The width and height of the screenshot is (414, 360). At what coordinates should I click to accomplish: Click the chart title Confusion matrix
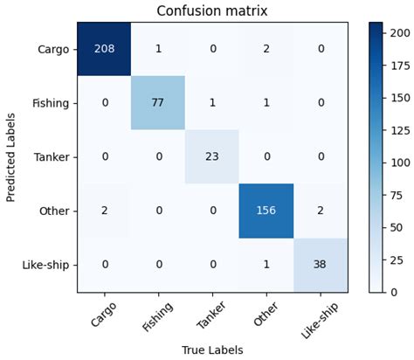pyautogui.click(x=211, y=11)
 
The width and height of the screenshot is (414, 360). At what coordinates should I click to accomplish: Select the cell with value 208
pyautogui.click(x=104, y=49)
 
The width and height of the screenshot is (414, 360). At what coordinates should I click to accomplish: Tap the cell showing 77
pyautogui.click(x=158, y=103)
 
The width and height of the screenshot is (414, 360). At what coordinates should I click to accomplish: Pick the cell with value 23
pyautogui.click(x=212, y=157)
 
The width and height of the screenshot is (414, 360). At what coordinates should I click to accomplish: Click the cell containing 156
pyautogui.click(x=266, y=211)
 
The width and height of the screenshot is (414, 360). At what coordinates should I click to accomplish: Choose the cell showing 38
pyautogui.click(x=321, y=265)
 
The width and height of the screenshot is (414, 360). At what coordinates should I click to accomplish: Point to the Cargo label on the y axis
pyautogui.click(x=54, y=49)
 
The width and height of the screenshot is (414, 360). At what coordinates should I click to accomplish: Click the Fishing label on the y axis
pyautogui.click(x=51, y=103)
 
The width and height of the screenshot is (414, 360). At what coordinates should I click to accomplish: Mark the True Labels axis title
pyautogui.click(x=211, y=350)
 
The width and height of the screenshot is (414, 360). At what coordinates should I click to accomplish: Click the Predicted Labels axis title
pyautogui.click(x=11, y=157)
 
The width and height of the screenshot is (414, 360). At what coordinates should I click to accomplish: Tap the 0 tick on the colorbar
pyautogui.click(x=394, y=292)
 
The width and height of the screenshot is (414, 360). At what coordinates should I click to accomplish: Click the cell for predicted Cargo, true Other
pyautogui.click(x=266, y=49)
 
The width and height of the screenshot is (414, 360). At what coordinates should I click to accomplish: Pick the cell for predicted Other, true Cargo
pyautogui.click(x=104, y=211)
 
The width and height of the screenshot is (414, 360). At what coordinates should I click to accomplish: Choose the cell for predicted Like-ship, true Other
pyautogui.click(x=266, y=265)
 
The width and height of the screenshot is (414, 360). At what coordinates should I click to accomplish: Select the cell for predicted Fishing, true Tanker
pyautogui.click(x=212, y=103)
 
